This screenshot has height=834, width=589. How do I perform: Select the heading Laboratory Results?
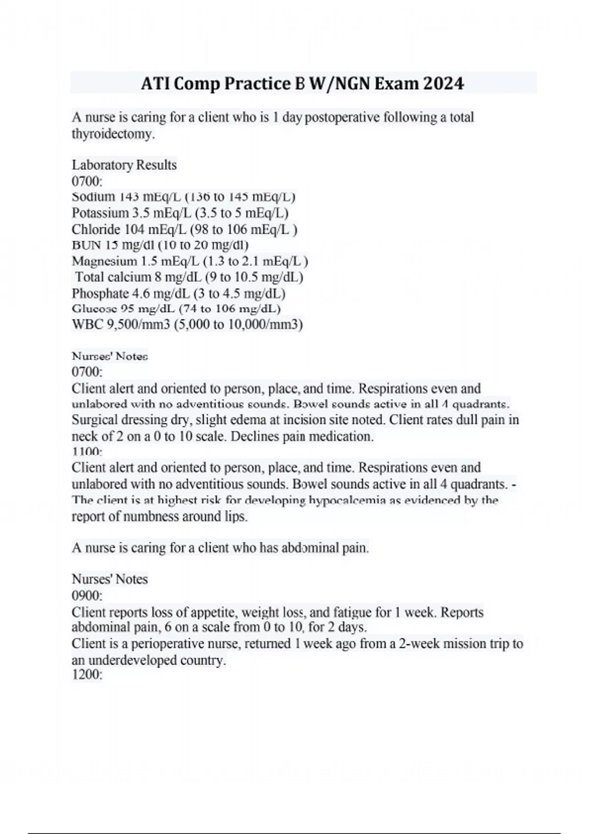pos(124,165)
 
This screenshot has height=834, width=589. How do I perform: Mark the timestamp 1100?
pos(87,451)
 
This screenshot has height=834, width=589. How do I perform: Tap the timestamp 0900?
pos(87,596)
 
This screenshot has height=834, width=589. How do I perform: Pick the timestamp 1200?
pos(87,675)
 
